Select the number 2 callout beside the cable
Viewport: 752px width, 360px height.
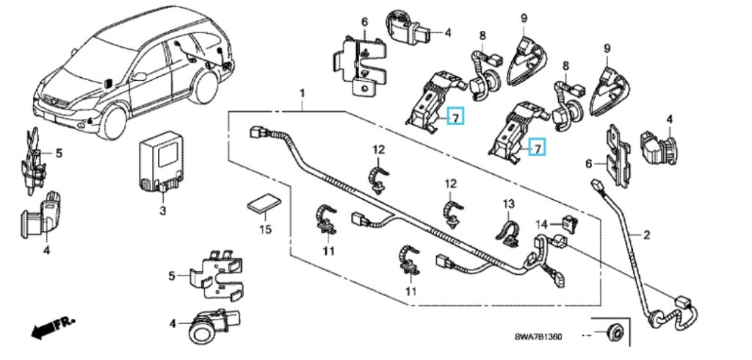(x=646, y=235)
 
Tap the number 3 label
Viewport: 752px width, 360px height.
(x=162, y=211)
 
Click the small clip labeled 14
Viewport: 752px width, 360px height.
(x=568, y=220)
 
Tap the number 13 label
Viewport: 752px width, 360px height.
(x=509, y=203)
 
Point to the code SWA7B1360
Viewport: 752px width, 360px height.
(x=538, y=336)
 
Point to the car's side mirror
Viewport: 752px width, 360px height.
(x=108, y=82)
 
